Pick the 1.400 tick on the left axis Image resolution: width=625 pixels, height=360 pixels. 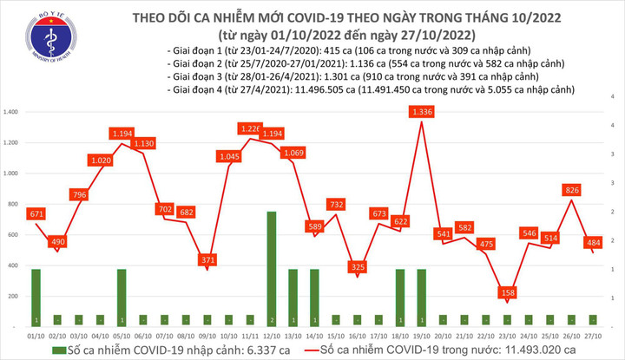click(13, 113)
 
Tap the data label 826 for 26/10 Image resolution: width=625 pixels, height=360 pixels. click(571, 190)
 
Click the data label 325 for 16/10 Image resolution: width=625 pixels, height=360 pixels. click(357, 266)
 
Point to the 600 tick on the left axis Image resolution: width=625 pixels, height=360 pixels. click(15, 235)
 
